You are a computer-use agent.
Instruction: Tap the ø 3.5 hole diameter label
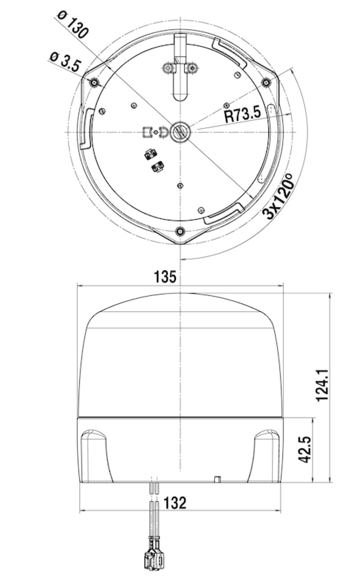coord(64,62)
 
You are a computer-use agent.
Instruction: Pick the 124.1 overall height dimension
coord(323,385)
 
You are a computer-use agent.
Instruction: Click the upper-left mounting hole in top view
coord(94,83)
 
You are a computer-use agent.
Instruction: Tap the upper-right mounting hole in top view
coord(266,82)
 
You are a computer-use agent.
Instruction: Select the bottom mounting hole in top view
coord(180,231)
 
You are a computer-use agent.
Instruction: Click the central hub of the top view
coord(180,132)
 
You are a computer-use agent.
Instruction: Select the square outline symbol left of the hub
coord(147,132)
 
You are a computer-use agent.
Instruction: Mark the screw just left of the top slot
coord(168,68)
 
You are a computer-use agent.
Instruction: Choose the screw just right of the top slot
coord(192,68)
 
